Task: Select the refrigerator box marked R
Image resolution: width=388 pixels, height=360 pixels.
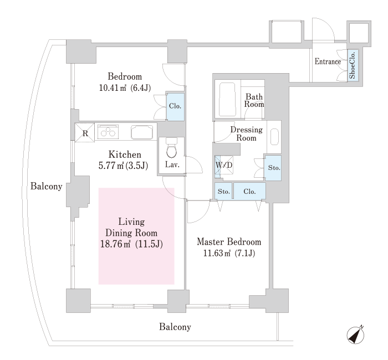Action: coord(85,133)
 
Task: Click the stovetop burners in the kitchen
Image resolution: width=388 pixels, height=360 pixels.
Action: coord(109,132)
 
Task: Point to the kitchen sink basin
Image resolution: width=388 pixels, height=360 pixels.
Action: coord(144,132)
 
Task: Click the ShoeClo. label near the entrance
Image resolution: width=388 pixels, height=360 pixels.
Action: coord(353,65)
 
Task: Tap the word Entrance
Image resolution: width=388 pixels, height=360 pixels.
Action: coord(328,61)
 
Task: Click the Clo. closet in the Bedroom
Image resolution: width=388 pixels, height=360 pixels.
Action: coord(175,106)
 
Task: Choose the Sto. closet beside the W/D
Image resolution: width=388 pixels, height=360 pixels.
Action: coord(273,167)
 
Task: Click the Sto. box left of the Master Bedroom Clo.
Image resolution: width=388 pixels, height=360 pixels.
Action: coord(223,192)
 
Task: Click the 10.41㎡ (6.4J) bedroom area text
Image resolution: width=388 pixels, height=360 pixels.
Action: coord(125,88)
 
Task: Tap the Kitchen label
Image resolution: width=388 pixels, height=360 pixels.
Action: coord(124,155)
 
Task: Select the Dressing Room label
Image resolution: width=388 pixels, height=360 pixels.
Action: coord(246,133)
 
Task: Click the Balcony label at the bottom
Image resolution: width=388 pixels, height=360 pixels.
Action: coord(175,327)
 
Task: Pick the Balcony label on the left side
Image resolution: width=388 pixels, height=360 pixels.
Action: coord(46,187)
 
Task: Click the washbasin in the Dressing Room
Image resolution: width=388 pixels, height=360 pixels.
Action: coord(275,136)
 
